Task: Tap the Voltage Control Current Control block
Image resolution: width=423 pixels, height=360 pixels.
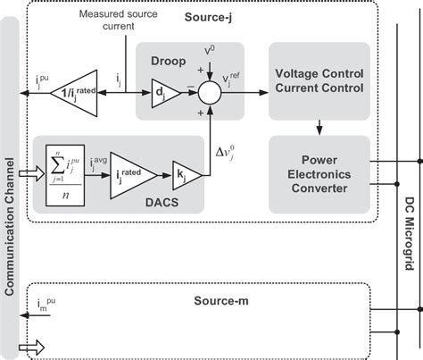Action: tap(319, 80)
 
